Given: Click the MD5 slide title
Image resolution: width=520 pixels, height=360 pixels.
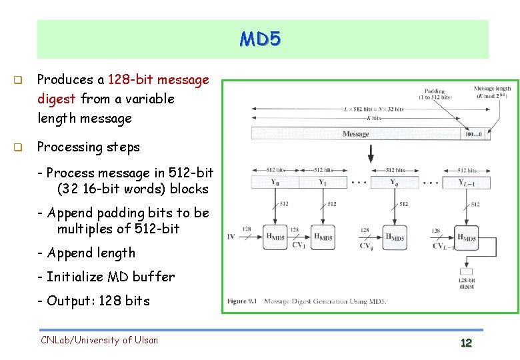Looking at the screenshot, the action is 261,39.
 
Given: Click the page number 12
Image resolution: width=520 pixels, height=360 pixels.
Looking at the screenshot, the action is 466,343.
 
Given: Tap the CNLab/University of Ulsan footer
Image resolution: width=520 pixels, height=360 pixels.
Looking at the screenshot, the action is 99,340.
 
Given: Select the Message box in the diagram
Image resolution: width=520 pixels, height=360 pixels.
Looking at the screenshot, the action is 355,134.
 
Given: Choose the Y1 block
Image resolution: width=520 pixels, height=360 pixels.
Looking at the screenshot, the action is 323,182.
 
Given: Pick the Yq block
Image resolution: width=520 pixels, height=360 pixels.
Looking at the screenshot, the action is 395,182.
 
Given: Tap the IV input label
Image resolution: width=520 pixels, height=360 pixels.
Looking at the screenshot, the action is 231,237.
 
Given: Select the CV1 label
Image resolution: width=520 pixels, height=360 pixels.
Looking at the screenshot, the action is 299,245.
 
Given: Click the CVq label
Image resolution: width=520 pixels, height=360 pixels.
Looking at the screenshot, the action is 366,245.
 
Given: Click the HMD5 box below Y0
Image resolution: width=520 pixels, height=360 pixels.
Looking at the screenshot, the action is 275,237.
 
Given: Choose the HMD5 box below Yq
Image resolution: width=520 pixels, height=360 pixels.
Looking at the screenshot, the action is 395,237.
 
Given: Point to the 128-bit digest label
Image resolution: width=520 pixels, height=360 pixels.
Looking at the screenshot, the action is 467,283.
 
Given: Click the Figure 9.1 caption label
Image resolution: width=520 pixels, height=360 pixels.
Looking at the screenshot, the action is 243,301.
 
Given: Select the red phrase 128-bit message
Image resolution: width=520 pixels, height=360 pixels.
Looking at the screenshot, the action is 159,79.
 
